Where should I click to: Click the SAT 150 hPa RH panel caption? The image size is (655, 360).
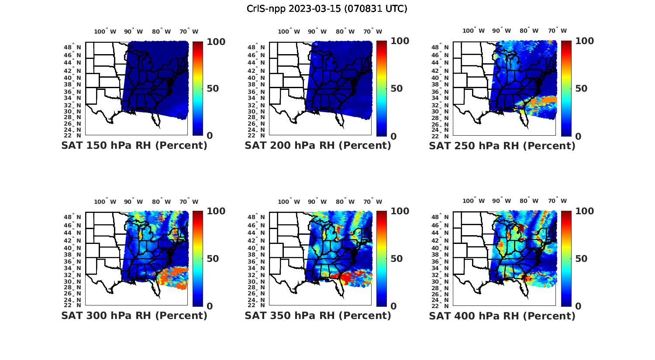pyautogui.click(x=134, y=146)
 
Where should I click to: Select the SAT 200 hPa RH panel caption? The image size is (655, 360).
pyautogui.click(x=318, y=146)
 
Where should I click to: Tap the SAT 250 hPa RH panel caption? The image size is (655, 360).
pyautogui.click(x=502, y=146)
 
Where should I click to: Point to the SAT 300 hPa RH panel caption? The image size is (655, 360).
pyautogui.click(x=134, y=315)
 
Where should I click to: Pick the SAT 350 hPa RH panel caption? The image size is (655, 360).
pyautogui.click(x=318, y=315)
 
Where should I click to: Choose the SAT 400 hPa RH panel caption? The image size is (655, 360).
pyautogui.click(x=502, y=315)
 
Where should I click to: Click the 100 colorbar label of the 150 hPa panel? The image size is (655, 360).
pyautogui.click(x=216, y=41)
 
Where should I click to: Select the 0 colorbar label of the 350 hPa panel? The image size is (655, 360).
pyautogui.click(x=393, y=306)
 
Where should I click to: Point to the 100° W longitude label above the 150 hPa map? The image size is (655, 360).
pyautogui.click(x=105, y=31)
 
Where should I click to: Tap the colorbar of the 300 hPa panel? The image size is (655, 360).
pyautogui.click(x=198, y=258)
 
